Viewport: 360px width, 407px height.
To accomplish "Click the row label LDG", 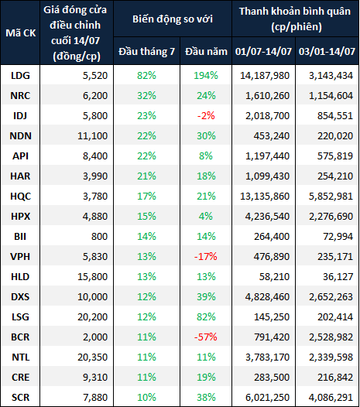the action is click(x=20, y=76).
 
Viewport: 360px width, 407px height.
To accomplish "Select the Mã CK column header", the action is click(x=21, y=33).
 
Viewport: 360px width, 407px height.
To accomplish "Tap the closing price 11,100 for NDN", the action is click(x=92, y=135).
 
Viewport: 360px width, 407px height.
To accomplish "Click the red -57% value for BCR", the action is click(x=206, y=337).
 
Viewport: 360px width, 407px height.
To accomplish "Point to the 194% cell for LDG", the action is click(x=206, y=76).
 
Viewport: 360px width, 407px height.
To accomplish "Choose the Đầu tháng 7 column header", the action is click(x=147, y=51).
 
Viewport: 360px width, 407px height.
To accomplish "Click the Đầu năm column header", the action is click(x=206, y=51).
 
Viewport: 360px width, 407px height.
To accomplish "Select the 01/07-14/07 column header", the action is click(x=263, y=51).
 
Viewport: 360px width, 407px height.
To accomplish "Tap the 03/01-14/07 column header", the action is click(x=327, y=51).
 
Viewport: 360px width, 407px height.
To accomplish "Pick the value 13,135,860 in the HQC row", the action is click(x=265, y=197).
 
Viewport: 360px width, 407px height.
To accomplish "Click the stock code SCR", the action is click(x=21, y=398).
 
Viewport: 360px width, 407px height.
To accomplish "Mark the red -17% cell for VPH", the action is click(x=206, y=256).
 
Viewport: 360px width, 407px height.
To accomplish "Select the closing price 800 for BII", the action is click(x=99, y=237).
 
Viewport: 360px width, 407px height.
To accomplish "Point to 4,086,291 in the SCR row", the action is click(x=331, y=398).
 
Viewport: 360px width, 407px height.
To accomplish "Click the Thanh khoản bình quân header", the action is click(x=295, y=19).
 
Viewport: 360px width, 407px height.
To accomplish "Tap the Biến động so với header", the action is click(x=173, y=19).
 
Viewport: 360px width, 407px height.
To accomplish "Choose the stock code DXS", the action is click(x=20, y=296).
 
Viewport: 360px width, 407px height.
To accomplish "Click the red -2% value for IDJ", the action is click(x=206, y=116).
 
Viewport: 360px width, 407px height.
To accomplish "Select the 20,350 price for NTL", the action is click(x=92, y=357).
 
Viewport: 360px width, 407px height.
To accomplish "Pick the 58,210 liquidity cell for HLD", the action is click(x=274, y=277).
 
